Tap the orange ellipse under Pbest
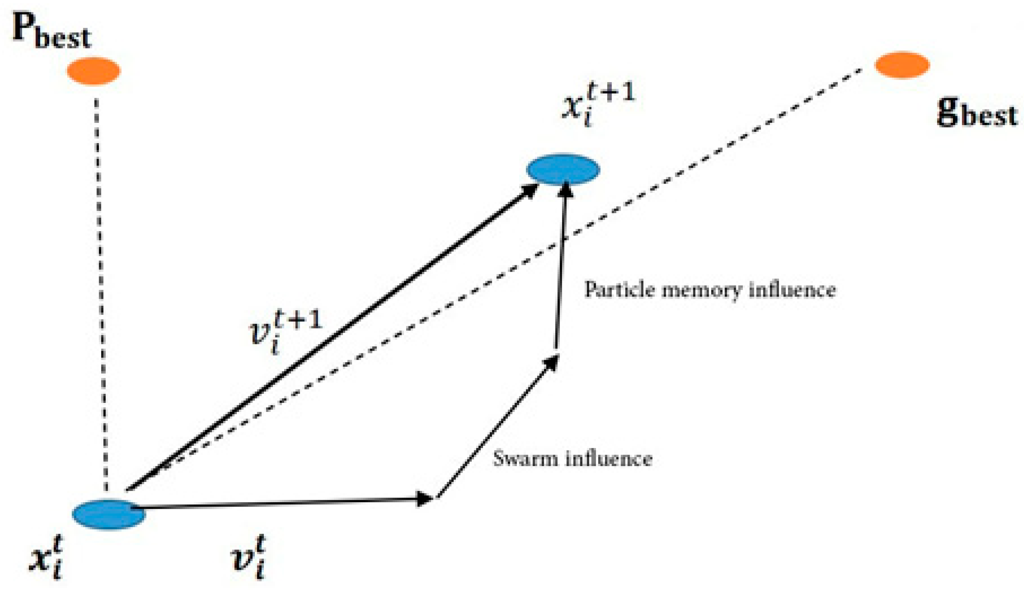coord(94,71)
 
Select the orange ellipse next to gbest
coord(901,65)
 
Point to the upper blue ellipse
coord(563,169)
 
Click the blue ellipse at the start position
coord(108,514)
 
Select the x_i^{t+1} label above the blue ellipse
coord(597,106)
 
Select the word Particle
coord(613,289)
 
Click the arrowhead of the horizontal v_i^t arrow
coord(426,499)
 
